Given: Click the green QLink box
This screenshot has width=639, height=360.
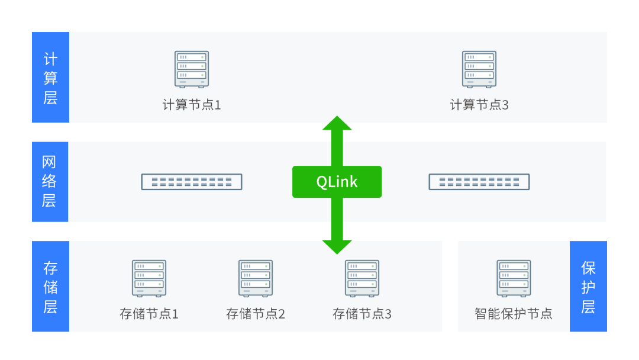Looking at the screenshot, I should coord(337,182).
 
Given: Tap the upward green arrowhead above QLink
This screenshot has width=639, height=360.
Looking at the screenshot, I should coord(337,124).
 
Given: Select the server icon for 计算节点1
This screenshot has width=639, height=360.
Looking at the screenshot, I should coord(192,69).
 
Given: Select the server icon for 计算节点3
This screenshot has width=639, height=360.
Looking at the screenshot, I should coord(479,69).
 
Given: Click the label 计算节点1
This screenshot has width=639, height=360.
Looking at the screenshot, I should coord(192,105).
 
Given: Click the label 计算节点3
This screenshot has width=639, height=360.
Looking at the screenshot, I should coord(479,105).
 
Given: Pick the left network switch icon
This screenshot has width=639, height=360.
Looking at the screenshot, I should coord(192,182).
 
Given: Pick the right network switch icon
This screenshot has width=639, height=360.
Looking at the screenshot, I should coord(479,182).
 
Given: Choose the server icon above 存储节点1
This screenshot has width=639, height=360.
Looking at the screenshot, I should coord(149,278).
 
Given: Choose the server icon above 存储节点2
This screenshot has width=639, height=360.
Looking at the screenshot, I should coord(256,278).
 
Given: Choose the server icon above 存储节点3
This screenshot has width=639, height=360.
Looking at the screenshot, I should coord(362,278).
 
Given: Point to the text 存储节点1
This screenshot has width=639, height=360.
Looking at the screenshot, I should coord(149,314).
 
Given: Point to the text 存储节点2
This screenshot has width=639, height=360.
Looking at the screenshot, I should coord(256,314).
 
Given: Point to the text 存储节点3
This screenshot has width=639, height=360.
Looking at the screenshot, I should coord(362,314).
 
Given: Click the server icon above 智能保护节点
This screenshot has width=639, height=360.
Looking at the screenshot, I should coord(514,278).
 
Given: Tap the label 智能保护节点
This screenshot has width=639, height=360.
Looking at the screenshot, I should coord(514,314).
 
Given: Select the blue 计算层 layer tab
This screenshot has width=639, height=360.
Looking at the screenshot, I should coord(50,78).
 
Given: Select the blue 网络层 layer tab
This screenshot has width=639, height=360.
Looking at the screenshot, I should coord(50,182).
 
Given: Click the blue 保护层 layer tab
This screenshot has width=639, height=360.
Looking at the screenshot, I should coord(588,287).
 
